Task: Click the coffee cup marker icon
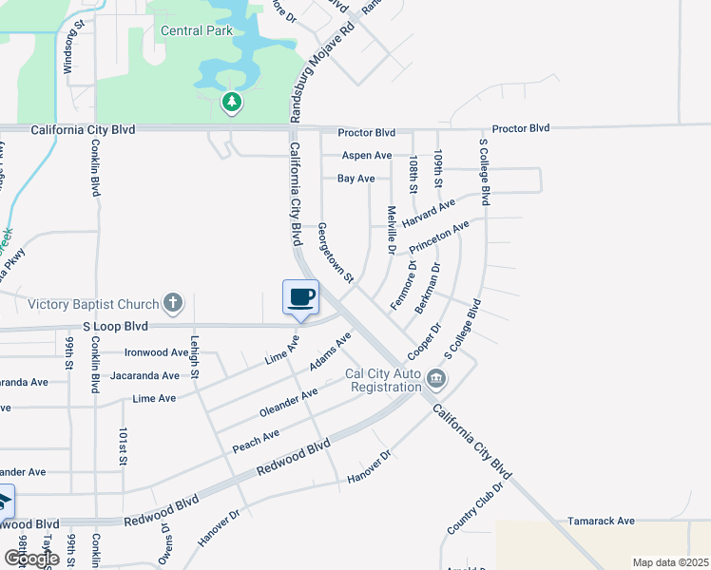(300, 296)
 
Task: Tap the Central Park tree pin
(231, 101)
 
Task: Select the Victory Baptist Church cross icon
(172, 304)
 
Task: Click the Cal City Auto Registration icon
(436, 379)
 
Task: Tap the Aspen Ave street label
(366, 155)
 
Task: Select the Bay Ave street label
(356, 178)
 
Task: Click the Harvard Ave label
(429, 213)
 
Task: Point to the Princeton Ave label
(439, 237)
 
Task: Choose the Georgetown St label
(336, 254)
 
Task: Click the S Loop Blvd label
(116, 326)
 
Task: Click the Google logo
(32, 558)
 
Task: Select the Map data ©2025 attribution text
(669, 562)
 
